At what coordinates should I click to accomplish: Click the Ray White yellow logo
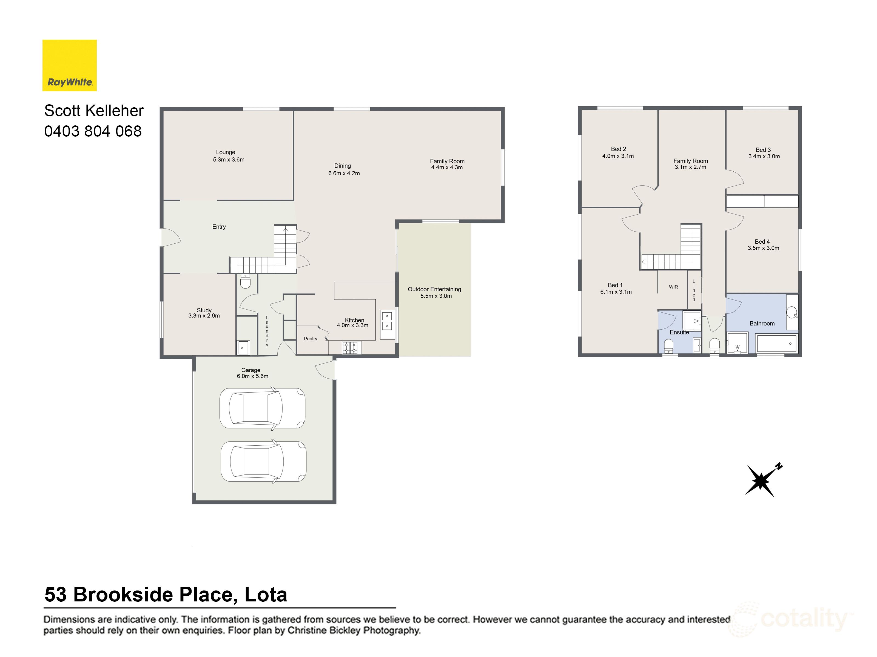[69, 65]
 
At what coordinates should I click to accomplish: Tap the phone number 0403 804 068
[93, 131]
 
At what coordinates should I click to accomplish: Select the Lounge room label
[226, 152]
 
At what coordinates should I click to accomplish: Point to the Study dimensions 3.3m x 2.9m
[204, 316]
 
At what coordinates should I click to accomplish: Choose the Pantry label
[311, 339]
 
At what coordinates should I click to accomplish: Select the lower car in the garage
[263, 461]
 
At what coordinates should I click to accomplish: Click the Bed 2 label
[619, 149]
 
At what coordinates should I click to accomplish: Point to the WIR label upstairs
[673, 287]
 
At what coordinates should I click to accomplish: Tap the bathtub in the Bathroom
[776, 343]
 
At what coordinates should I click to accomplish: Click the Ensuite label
[679, 332]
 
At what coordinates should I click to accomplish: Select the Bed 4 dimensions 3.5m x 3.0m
[763, 248]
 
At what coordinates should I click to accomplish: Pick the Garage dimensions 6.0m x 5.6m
[253, 376]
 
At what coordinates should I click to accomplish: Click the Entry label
[219, 226]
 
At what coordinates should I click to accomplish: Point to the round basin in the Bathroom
[791, 313]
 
